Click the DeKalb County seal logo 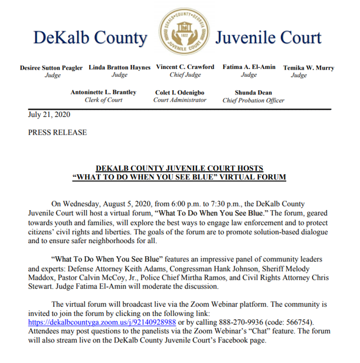tap(182, 33)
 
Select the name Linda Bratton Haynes tap(119, 67)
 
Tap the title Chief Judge tap(185, 75)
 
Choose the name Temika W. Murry tap(308, 68)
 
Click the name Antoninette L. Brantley tap(103, 92)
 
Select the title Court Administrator tap(180, 100)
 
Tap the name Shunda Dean tap(253, 92)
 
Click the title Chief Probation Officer tap(253, 100)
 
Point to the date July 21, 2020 tap(49, 113)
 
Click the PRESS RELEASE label tap(57, 133)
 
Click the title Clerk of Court tap(103, 100)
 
